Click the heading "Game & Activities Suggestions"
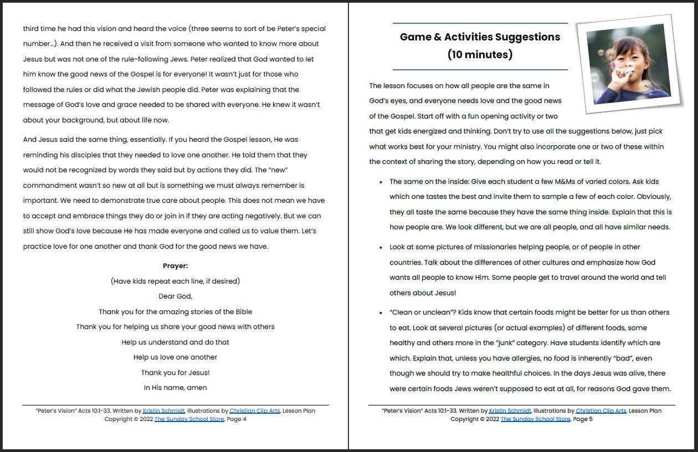480,37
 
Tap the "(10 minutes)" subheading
480,55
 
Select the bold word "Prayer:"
175,266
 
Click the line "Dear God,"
175,296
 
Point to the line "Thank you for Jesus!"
175,373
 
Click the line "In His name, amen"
175,388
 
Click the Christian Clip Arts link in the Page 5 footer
601,411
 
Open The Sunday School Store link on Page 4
189,419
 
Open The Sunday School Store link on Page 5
535,419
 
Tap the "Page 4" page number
237,419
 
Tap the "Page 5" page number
583,419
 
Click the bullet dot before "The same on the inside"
381,182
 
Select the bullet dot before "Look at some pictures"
381,248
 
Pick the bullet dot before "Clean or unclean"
381,313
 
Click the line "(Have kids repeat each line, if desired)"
175,281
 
